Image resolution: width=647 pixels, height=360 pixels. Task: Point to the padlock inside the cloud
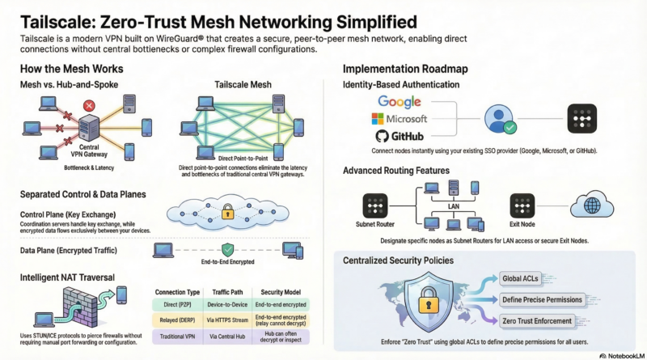228,213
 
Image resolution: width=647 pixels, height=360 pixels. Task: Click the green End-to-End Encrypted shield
228,251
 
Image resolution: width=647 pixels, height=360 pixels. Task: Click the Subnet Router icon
374,205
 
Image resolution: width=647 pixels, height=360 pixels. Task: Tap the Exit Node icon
522,205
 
